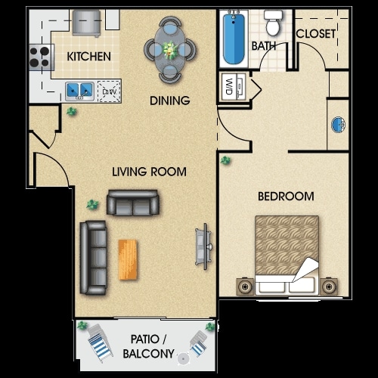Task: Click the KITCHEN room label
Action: (88, 57)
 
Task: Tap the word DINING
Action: (170, 101)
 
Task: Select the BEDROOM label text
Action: (286, 197)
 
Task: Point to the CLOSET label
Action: (316, 34)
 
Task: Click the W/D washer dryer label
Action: (229, 86)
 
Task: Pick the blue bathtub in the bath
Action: (234, 39)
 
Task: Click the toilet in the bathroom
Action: (273, 23)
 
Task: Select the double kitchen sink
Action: (79, 91)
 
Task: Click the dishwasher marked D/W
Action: (110, 91)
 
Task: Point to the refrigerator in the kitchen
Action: (86, 23)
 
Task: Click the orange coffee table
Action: (128, 259)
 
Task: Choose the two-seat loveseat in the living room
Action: (132, 203)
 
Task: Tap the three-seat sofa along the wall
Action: (93, 258)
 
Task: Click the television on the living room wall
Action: (203, 246)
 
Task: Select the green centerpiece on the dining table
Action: (170, 50)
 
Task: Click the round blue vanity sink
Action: (338, 125)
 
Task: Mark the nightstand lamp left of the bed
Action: (245, 287)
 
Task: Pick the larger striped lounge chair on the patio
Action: (99, 343)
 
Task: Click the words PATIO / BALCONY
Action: (148, 346)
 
